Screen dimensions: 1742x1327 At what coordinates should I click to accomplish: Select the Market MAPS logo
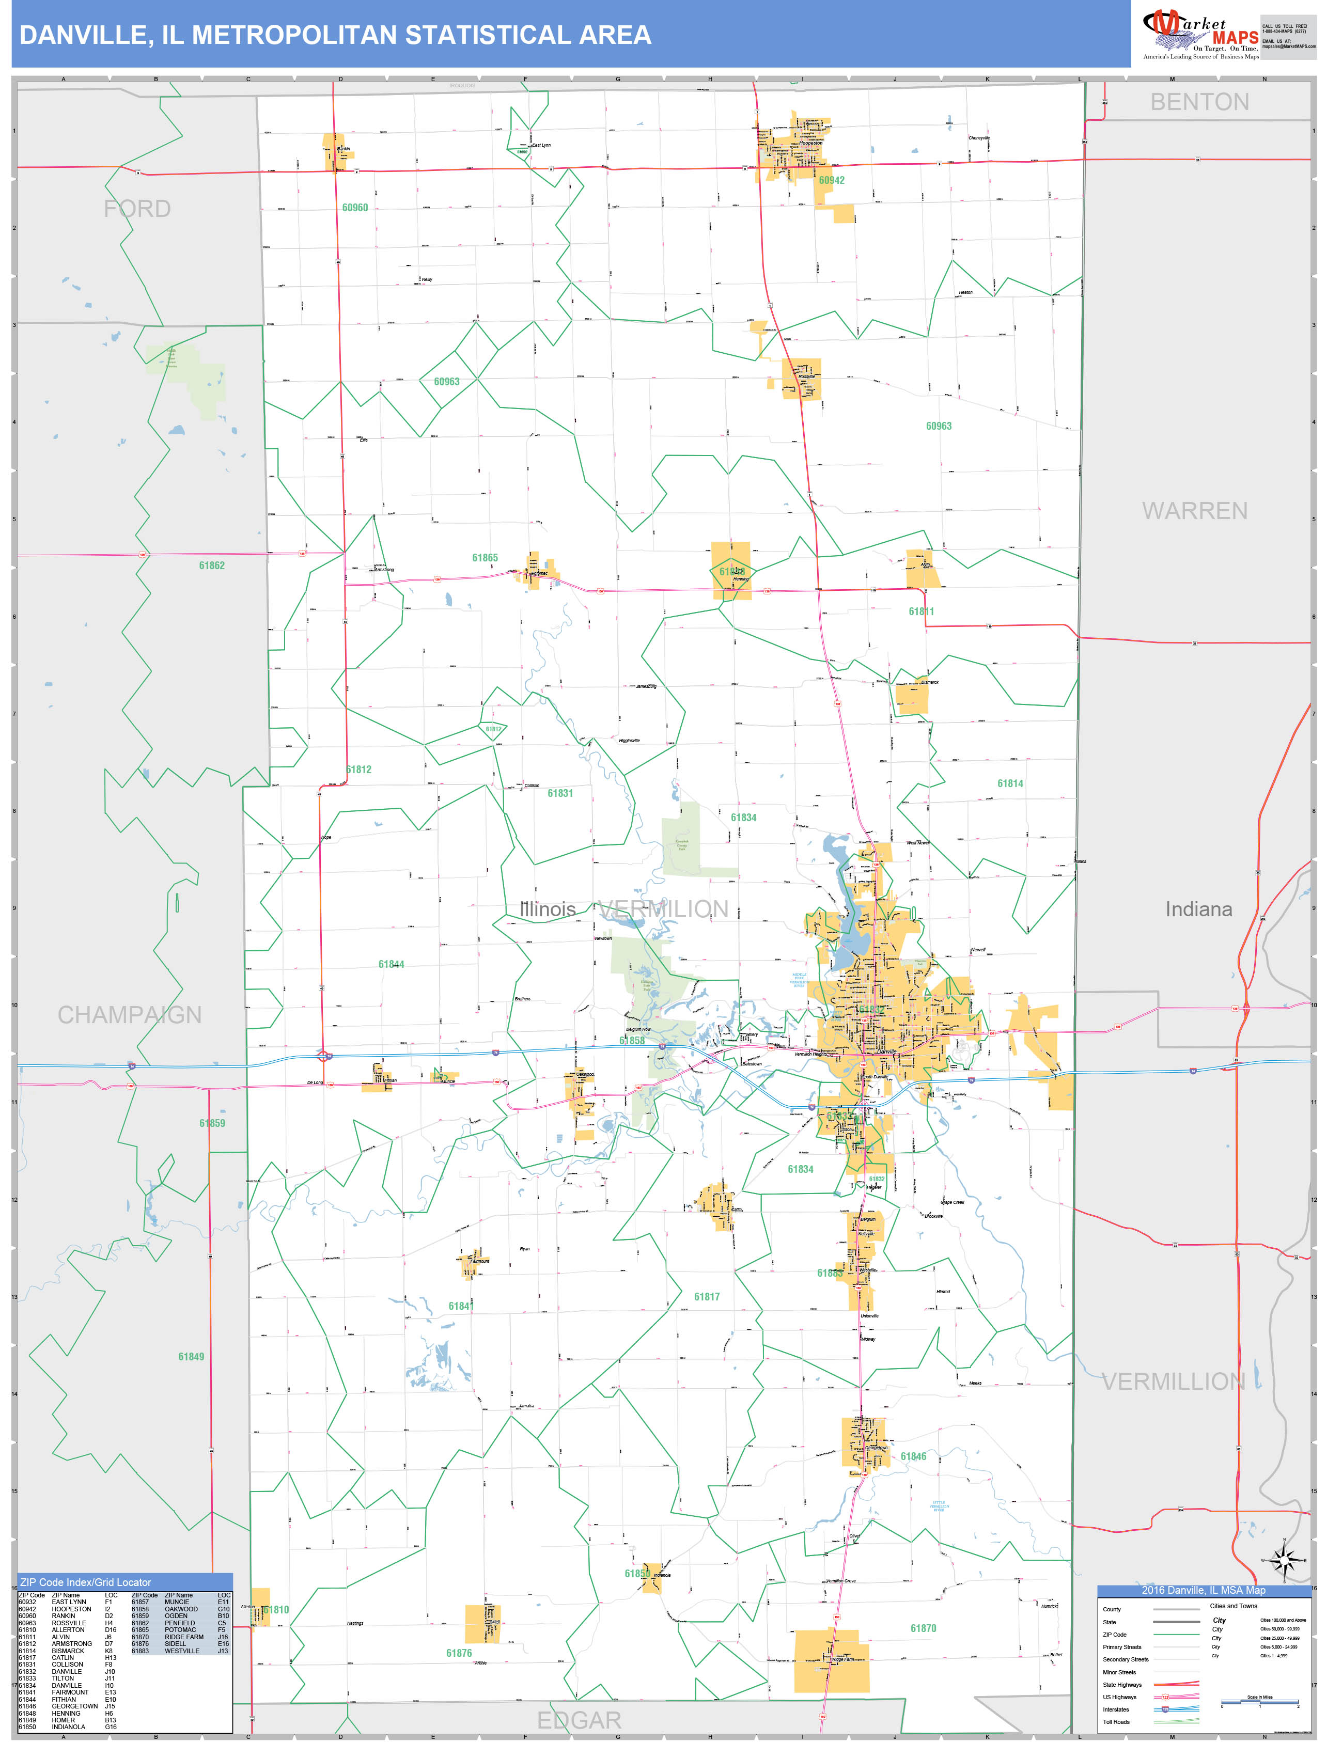(x=1200, y=36)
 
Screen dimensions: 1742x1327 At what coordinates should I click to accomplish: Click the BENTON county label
(x=1199, y=102)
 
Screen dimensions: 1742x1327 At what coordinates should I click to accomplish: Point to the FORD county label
(x=137, y=209)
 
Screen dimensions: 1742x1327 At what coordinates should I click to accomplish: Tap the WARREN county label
(x=1194, y=511)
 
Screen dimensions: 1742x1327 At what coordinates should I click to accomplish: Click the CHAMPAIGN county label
(x=130, y=1015)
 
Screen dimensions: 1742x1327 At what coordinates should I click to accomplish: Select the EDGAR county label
(x=579, y=1720)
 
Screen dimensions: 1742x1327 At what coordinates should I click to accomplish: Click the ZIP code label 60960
(x=355, y=208)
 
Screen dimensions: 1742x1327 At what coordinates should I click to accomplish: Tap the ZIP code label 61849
(x=191, y=1357)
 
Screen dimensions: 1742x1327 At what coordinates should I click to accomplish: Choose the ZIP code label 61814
(x=1009, y=783)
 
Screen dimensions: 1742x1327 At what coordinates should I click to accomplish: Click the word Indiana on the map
(x=1198, y=909)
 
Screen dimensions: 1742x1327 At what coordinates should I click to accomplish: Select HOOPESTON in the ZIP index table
(x=71, y=1609)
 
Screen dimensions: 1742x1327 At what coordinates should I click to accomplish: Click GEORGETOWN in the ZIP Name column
(x=75, y=1706)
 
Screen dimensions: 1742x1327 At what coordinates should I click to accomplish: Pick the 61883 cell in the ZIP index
(x=140, y=1651)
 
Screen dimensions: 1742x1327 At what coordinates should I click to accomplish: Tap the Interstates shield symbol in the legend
(x=1165, y=1709)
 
